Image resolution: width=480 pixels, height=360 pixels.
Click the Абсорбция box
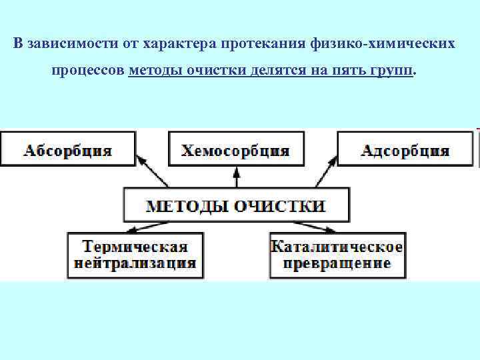[68, 149]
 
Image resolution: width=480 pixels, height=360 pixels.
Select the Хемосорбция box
[236, 149]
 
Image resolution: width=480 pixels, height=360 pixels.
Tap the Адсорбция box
[405, 149]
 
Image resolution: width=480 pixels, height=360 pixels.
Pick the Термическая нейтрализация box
[135, 255]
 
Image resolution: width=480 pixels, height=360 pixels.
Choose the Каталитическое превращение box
[337, 255]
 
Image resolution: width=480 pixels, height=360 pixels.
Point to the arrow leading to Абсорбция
[152, 172]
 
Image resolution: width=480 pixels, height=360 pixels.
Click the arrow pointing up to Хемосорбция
[236, 177]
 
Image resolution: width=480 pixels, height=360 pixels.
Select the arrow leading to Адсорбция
[324, 172]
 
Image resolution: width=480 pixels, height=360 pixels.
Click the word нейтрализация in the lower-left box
[135, 263]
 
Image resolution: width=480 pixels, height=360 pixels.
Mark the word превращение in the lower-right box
[337, 263]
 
